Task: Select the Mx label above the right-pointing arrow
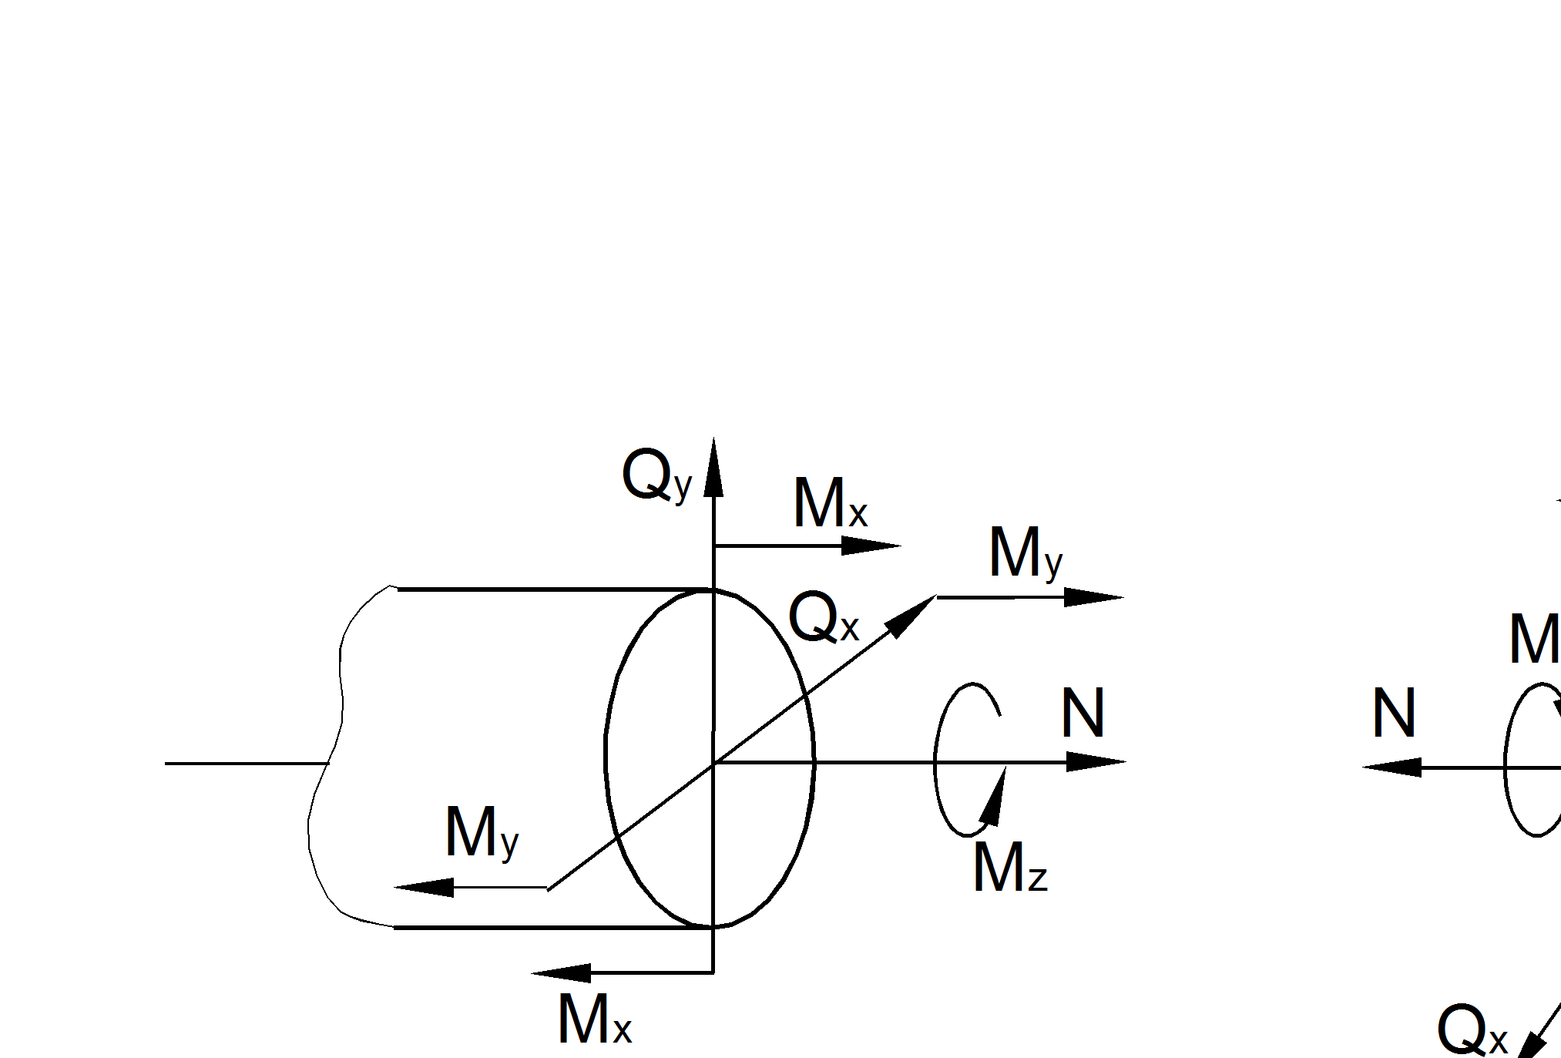click(830, 504)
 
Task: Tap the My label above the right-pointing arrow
click(1025, 553)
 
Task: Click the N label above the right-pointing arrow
click(1083, 714)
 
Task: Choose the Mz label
click(1009, 868)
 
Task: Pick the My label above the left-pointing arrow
click(482, 834)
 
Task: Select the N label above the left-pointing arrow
click(1394, 714)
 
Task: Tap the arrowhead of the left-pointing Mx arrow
click(561, 973)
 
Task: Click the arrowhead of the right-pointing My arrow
click(1094, 597)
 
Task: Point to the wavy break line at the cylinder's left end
click(327, 763)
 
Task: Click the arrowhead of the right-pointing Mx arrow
click(871, 546)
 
